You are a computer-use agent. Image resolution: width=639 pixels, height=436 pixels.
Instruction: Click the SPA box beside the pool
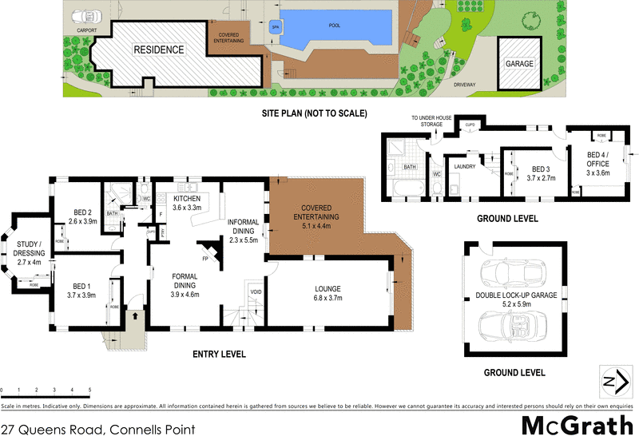275,25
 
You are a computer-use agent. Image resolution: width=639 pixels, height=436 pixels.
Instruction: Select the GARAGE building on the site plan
518,63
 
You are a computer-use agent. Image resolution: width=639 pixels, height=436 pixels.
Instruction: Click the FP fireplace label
204,258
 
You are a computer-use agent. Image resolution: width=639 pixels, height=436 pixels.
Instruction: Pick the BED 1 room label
82,289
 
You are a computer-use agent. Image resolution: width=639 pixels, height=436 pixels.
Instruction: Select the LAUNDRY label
464,166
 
